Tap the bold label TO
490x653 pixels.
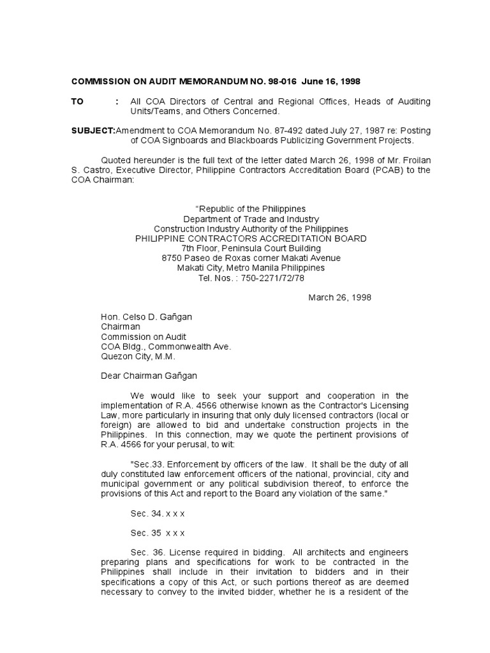pyautogui.click(x=77, y=102)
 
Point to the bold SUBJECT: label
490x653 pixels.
pyautogui.click(x=93, y=130)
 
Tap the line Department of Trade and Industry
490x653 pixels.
pyautogui.click(x=251, y=219)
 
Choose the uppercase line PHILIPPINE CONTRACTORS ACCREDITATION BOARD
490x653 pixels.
pyautogui.click(x=251, y=238)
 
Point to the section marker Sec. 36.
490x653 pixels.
pyautogui.click(x=146, y=552)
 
